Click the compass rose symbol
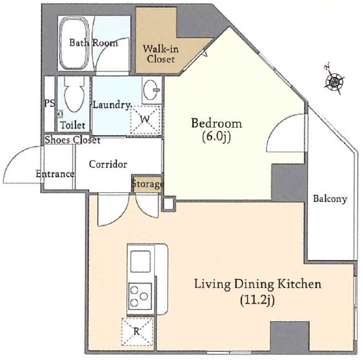click(334, 81)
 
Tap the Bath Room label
click(93, 43)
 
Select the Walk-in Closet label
click(161, 54)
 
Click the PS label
click(49, 104)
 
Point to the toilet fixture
click(72, 95)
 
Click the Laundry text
click(111, 105)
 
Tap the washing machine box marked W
click(145, 120)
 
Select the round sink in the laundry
click(152, 89)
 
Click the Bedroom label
click(216, 124)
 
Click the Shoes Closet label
click(72, 141)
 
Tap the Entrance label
click(54, 174)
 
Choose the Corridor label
click(108, 164)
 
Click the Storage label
click(147, 184)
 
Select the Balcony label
click(330, 199)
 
